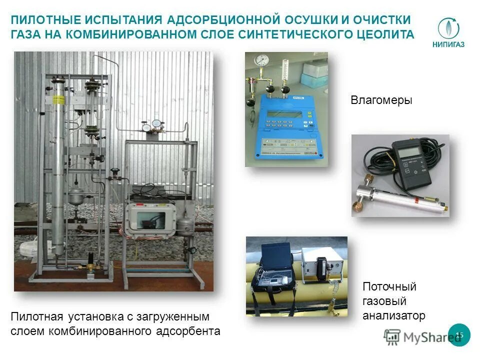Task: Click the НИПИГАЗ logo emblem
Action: coord(448,28)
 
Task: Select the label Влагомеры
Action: coord(381,100)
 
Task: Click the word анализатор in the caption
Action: coord(393,315)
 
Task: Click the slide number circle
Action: coord(459,334)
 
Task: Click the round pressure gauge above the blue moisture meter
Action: coord(260,61)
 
